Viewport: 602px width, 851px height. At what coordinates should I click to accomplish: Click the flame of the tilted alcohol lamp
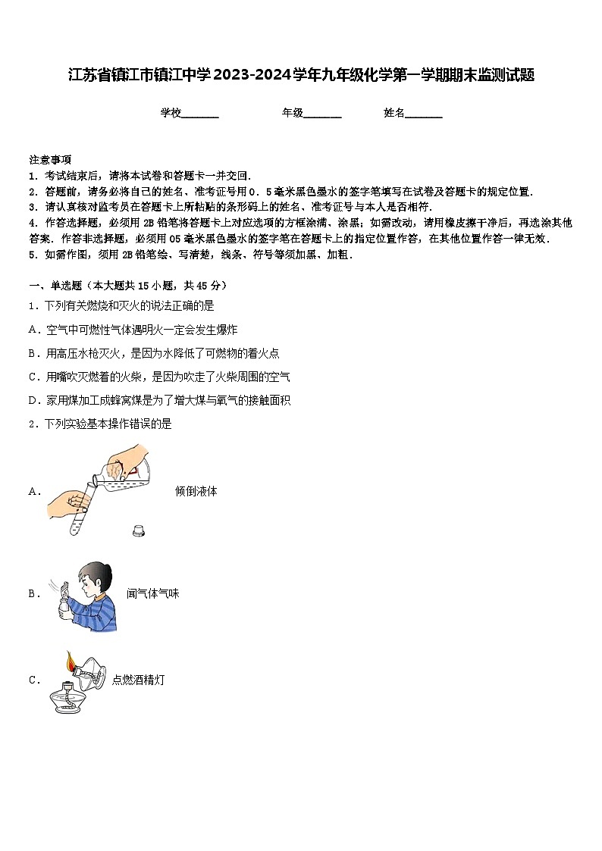(71, 662)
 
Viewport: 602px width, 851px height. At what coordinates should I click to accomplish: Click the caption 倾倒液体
(196, 491)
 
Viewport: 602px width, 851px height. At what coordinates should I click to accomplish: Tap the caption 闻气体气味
(152, 594)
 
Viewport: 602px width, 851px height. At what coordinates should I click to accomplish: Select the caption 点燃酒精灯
(138, 680)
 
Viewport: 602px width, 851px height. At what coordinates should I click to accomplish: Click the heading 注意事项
(50, 160)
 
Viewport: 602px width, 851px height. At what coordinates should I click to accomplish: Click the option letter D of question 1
(33, 400)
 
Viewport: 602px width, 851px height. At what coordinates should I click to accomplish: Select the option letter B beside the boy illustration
(33, 594)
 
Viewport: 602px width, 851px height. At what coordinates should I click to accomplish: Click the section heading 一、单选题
(58, 286)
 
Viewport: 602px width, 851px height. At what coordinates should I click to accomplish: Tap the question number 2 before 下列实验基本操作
(32, 424)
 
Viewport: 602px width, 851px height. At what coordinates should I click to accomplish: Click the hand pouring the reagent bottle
(129, 461)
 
